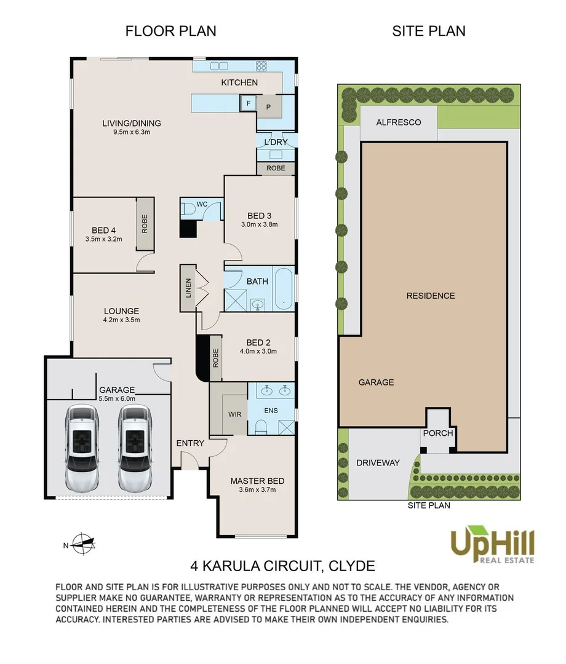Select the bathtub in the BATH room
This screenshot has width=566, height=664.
284,288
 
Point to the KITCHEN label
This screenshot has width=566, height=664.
239,82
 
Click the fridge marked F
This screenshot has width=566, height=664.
249,103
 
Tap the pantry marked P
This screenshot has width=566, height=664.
269,107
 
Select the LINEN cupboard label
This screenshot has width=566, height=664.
188,288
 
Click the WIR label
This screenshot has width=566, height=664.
234,414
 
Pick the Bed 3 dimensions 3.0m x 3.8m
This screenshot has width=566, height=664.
259,224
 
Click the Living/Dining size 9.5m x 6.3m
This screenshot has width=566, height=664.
132,132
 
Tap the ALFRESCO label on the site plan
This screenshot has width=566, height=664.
399,122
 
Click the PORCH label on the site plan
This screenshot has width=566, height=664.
438,433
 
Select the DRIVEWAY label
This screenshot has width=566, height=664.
378,463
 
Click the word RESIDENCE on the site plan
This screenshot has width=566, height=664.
431,296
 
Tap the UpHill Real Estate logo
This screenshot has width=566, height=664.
492,545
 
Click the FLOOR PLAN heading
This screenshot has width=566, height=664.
171,31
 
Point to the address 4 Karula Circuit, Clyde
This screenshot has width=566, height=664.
282,566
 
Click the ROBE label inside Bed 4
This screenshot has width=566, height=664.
145,224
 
